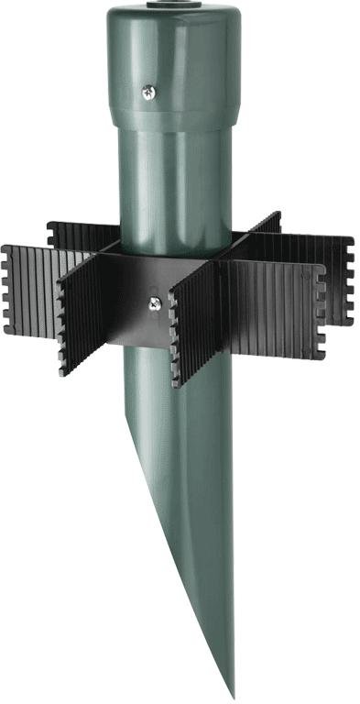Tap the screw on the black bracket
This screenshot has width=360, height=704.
[x=155, y=301]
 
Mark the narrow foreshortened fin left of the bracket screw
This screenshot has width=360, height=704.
[x=82, y=316]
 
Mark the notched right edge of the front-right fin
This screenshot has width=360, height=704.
[x=319, y=312]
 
